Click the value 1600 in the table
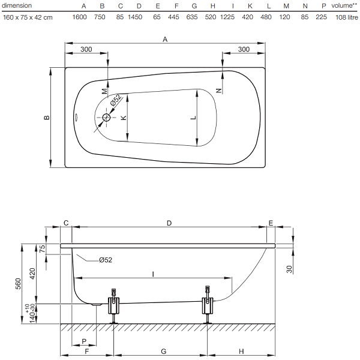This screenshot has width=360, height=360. tap(79, 17)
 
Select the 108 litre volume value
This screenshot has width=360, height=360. tap(347, 17)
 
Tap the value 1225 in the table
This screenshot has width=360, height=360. tap(227, 17)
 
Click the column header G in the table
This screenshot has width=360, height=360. tap(194, 6)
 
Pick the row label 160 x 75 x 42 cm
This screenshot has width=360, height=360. tap(28, 17)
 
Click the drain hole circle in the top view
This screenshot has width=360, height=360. tap(106, 118)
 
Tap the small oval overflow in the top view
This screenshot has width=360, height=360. tap(76, 117)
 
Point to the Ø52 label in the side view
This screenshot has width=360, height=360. tap(106, 260)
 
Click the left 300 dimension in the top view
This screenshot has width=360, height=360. tap(86, 49)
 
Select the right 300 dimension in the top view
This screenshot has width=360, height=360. tap(244, 49)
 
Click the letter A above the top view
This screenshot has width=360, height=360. tap(165, 40)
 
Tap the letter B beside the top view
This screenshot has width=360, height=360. tap(47, 118)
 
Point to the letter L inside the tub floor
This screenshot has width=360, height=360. tap(194, 118)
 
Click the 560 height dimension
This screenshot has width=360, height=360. tap(18, 284)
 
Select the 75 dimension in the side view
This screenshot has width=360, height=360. tap(43, 248)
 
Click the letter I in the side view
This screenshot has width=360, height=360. tap(153, 274)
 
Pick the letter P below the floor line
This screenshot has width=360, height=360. tap(84, 341)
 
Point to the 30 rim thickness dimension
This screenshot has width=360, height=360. tap(289, 269)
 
